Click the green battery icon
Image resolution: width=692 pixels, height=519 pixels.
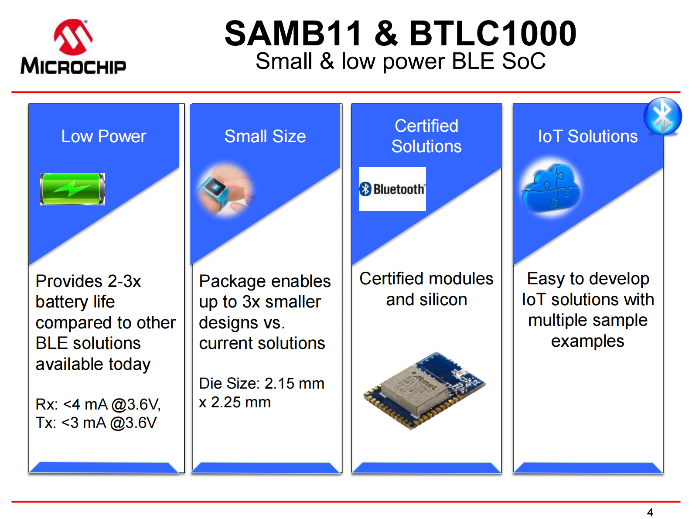coord(72,189)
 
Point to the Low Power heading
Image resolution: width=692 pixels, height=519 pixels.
coord(103,137)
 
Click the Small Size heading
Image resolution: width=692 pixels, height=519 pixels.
coord(265,137)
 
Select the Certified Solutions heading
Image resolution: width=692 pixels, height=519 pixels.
coord(426,136)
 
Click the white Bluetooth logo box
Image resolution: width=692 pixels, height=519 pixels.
coord(392,189)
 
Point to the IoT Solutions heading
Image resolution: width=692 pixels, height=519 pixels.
coord(587,137)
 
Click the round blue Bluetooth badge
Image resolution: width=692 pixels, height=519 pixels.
coord(662,116)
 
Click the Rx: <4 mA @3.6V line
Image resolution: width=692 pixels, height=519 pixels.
coord(98,404)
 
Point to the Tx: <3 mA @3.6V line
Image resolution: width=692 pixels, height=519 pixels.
coord(96,423)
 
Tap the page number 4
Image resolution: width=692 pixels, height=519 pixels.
coord(650,512)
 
